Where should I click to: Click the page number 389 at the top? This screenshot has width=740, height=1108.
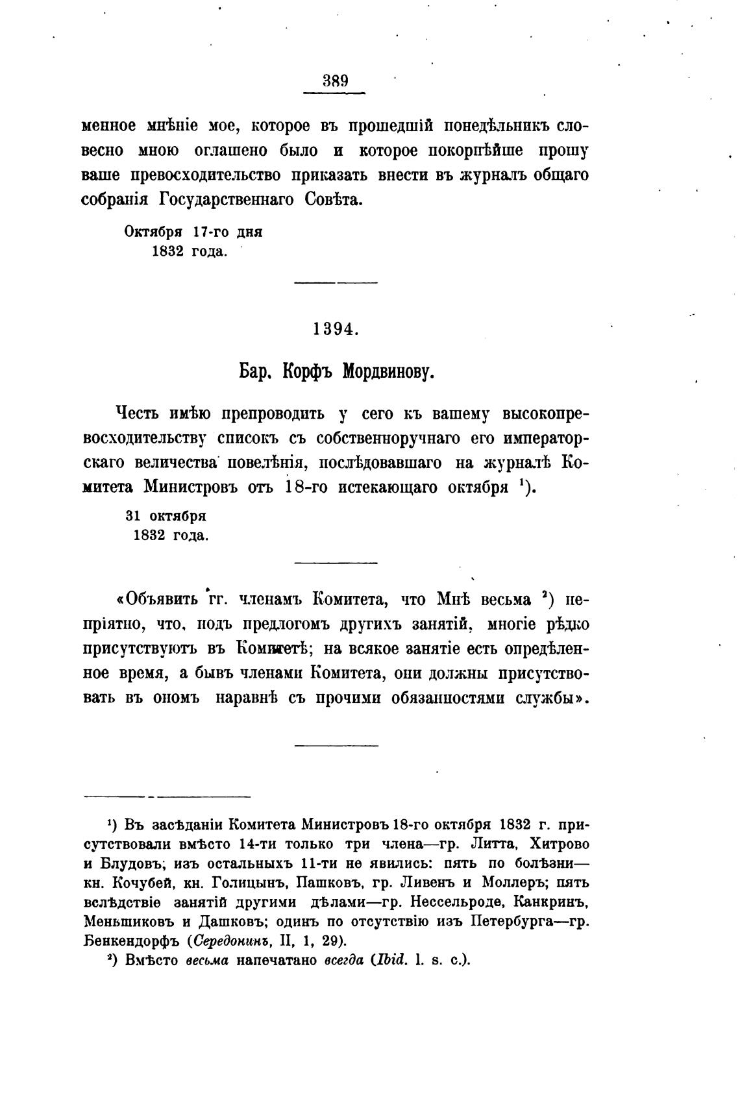pyautogui.click(x=335, y=81)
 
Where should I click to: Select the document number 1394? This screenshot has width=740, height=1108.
pyautogui.click(x=335, y=329)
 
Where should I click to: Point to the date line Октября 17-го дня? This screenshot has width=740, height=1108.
pyautogui.click(x=193, y=232)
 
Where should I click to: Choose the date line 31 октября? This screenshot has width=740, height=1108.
pyautogui.click(x=166, y=516)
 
